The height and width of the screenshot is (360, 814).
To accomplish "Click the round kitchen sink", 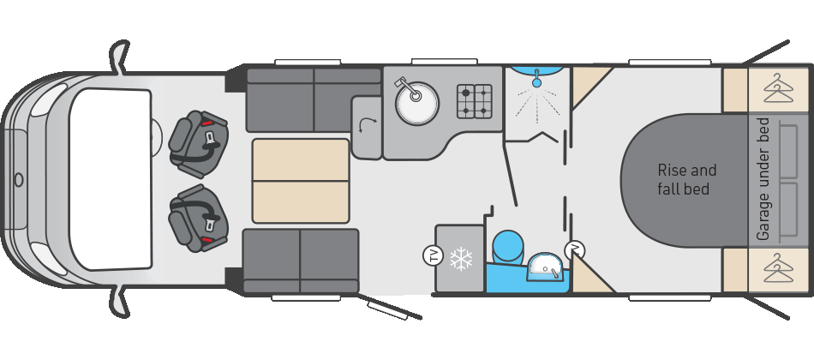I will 417,105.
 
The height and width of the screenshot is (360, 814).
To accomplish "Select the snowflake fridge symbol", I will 462,258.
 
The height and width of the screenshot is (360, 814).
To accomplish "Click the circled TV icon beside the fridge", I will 433,255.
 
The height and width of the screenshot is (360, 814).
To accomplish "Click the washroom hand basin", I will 543,269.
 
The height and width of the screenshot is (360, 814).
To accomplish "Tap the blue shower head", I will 536,81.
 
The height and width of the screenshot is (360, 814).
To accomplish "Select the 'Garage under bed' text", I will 763,179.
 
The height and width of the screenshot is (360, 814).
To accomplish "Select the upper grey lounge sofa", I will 313,99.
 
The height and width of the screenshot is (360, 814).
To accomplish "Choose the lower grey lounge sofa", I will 301,260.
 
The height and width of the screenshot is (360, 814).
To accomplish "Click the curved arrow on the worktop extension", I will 367,128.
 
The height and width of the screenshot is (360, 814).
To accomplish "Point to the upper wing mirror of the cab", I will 120,57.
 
